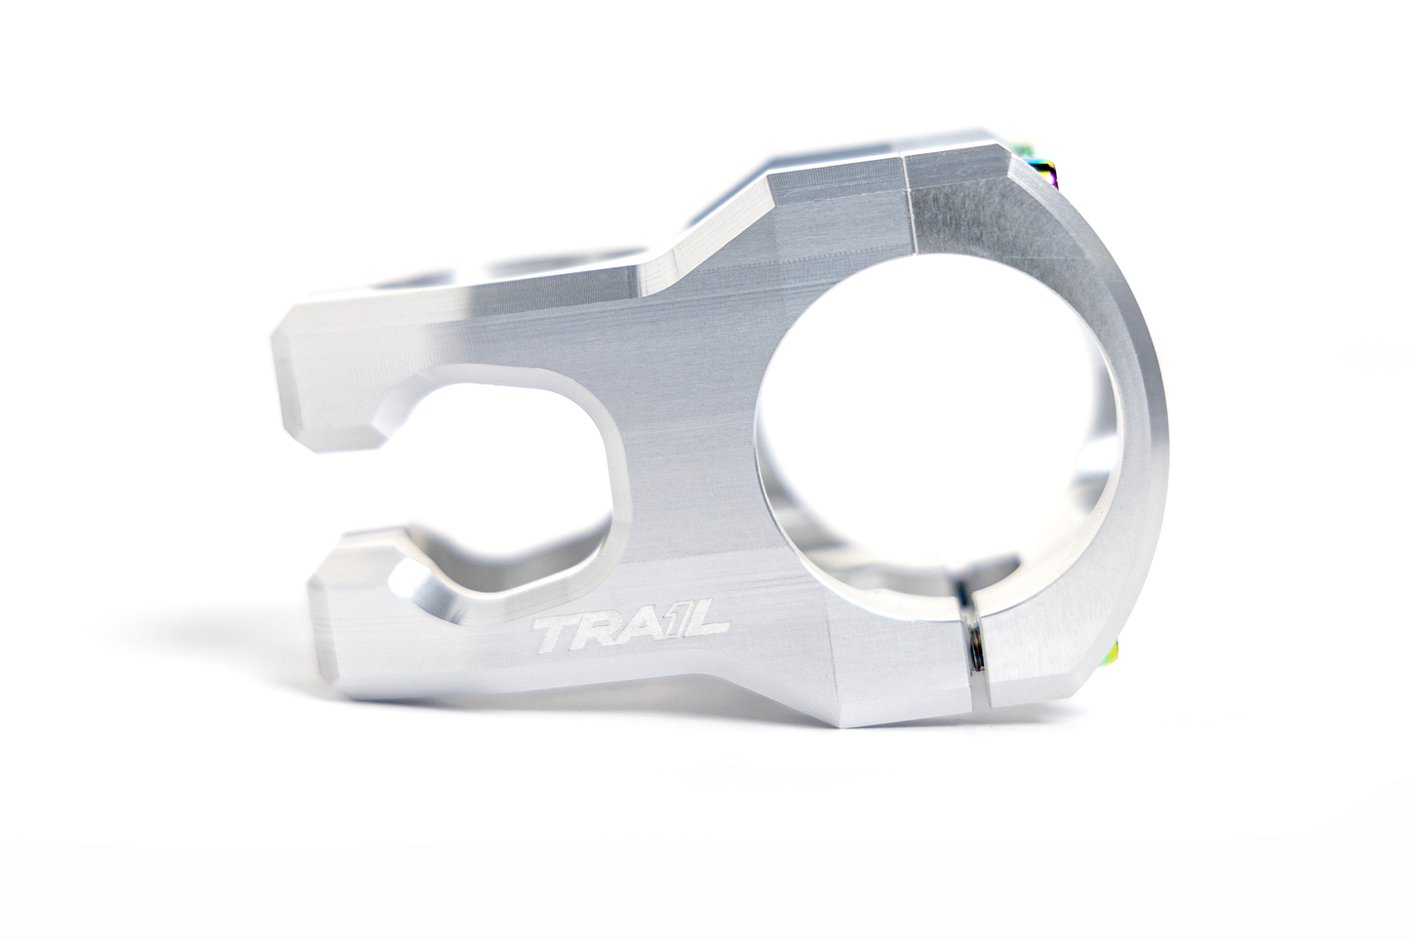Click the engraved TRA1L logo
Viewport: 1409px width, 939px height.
[631, 635]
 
